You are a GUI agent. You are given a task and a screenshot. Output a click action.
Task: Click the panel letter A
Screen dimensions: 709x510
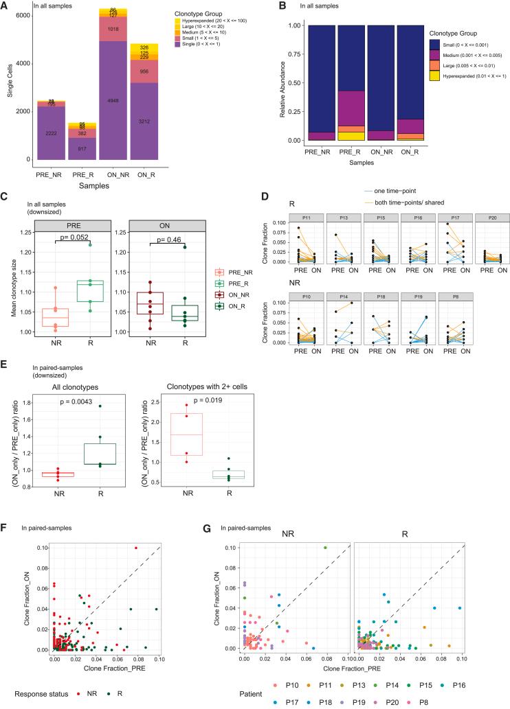click(x=5, y=5)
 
